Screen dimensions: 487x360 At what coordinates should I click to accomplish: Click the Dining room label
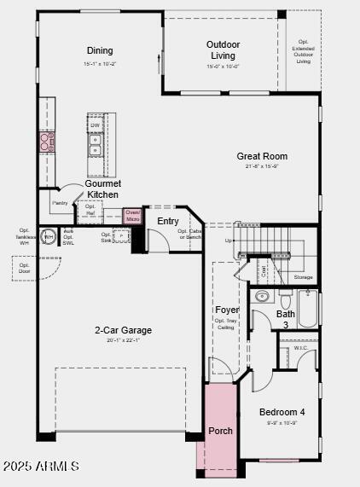pyautogui.click(x=100, y=50)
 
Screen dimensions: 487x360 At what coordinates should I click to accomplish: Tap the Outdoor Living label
pyautogui.click(x=223, y=50)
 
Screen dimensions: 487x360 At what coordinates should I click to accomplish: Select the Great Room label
pyautogui.click(x=262, y=156)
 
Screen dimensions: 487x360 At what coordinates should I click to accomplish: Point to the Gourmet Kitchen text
pyautogui.click(x=103, y=189)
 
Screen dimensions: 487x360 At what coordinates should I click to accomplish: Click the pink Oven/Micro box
pyautogui.click(x=132, y=216)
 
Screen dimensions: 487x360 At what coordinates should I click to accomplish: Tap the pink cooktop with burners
pyautogui.click(x=46, y=142)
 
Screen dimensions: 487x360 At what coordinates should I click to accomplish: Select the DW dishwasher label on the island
pyautogui.click(x=96, y=125)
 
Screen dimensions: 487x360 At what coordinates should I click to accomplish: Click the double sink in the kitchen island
pyautogui.click(x=96, y=151)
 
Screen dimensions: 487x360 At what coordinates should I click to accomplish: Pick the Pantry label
pyautogui.click(x=60, y=203)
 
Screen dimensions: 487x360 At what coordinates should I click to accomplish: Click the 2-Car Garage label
pyautogui.click(x=124, y=330)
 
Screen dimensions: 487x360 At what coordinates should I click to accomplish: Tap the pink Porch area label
pyautogui.click(x=220, y=431)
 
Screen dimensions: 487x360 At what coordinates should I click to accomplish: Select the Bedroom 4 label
pyautogui.click(x=282, y=412)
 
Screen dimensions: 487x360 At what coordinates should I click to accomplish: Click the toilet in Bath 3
pyautogui.click(x=286, y=299)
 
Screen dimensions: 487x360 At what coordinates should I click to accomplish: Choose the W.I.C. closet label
pyautogui.click(x=300, y=347)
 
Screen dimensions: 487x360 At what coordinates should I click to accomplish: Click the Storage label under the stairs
pyautogui.click(x=303, y=277)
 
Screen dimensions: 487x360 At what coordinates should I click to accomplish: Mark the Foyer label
pyautogui.click(x=226, y=310)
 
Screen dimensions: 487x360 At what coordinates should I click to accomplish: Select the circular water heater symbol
pyautogui.click(x=49, y=236)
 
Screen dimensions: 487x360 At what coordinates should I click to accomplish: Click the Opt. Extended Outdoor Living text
pyautogui.click(x=303, y=51)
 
